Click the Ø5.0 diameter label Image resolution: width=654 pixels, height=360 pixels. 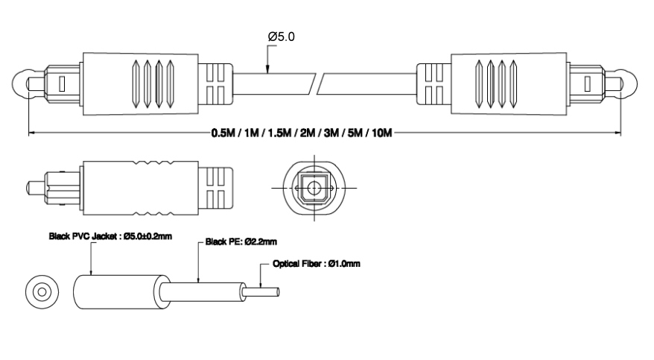click(281, 37)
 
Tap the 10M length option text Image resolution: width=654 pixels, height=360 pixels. click(379, 134)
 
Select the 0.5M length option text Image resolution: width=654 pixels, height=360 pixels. click(223, 134)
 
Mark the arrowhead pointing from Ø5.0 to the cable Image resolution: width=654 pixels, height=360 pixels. click(267, 71)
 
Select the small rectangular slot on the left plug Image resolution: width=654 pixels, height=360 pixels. click(62, 81)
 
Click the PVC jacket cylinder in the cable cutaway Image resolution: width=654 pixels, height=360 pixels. click(112, 291)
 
